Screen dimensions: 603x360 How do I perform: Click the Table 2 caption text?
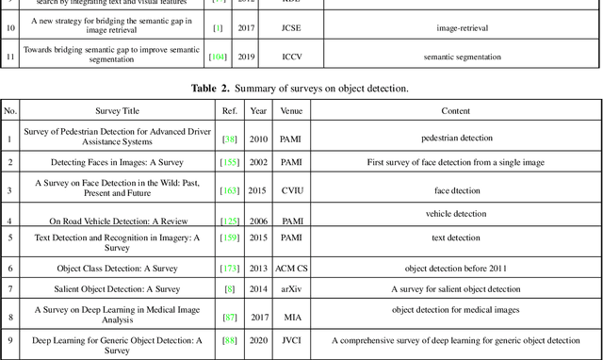coord(301,89)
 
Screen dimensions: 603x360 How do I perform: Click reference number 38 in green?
coord(229,139)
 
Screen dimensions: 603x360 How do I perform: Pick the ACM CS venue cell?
coord(291,268)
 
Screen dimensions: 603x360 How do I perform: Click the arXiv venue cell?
coord(291,288)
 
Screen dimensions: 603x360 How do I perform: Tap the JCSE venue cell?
coord(291,27)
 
